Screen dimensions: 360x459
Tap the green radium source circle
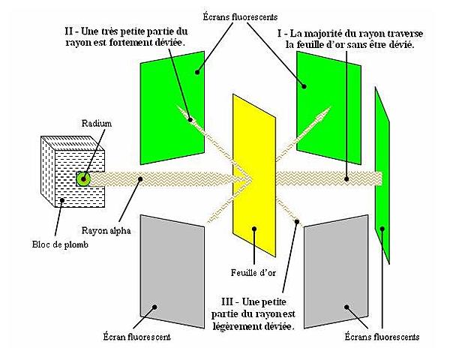(83, 178)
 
